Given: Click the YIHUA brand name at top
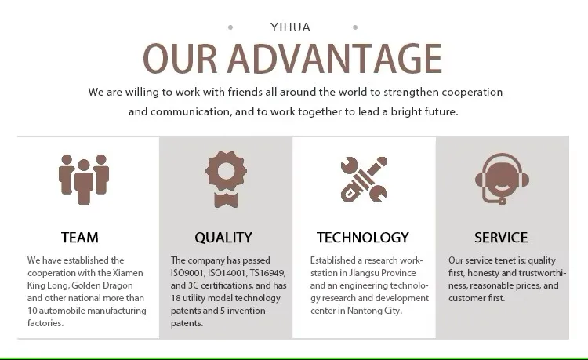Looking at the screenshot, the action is pos(290,27).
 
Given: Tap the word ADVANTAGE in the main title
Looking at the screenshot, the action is pos(335,59).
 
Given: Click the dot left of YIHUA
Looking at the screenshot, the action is pos(230,27).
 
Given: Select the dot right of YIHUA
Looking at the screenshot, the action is pos(355,27).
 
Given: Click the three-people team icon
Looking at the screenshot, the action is pos(84,180).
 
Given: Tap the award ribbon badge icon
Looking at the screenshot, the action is pos(226,180).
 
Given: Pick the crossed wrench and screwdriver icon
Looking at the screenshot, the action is pos(363,180).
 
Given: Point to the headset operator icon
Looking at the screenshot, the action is pos(502,179).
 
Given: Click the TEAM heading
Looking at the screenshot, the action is pos(80,238).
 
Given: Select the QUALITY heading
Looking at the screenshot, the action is pos(223,238).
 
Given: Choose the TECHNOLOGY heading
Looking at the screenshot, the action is pos(363,238).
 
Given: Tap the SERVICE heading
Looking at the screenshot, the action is pos(501,238).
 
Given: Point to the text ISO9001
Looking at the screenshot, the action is pos(187,273).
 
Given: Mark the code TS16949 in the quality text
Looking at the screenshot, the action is pos(267,273).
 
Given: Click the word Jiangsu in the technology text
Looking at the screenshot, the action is pos(363,273).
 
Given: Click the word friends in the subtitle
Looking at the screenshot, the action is pos(245,92).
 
